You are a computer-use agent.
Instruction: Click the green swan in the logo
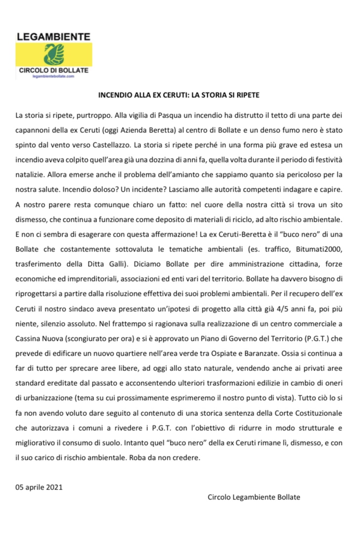52,53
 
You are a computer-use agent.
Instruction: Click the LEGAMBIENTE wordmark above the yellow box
53,36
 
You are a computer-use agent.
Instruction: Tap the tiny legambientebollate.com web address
53,78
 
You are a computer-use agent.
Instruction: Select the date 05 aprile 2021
39,487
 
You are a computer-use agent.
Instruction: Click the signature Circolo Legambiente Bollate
254,497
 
